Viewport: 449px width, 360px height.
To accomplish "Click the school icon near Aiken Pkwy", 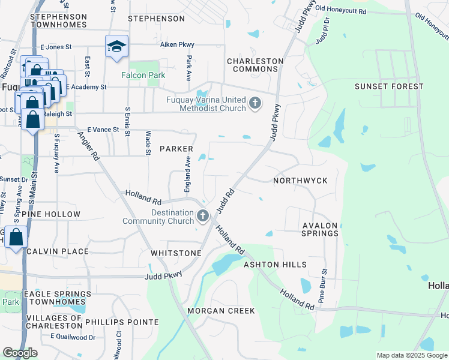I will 116,46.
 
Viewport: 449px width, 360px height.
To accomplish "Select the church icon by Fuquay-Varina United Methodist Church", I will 255,103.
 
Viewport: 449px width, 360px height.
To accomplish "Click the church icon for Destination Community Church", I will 203,215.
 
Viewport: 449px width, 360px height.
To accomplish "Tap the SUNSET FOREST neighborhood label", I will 389,86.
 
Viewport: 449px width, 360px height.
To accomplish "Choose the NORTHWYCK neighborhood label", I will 300,180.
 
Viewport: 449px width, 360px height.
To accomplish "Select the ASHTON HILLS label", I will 275,265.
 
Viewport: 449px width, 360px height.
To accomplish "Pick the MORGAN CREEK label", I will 221,311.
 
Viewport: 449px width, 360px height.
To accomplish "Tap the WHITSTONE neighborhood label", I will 176,253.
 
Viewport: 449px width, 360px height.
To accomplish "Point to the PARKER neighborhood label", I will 176,148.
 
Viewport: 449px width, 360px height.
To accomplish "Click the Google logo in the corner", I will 20,353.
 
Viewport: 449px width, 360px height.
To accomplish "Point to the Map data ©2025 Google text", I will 411,355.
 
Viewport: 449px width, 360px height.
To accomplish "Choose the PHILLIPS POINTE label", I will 122,322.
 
